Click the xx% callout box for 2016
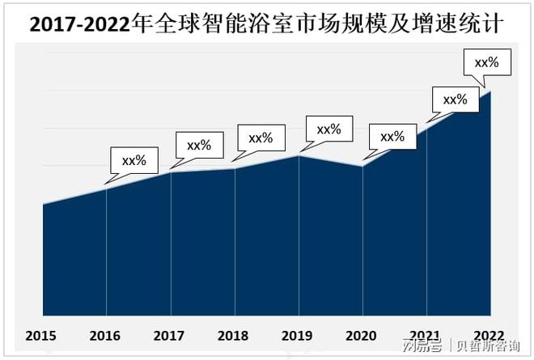coord(133,160)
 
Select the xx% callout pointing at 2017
coord(198,146)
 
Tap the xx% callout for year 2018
coord(261,138)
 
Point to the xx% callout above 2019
coord(328,129)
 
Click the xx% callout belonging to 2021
coord(455,100)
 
